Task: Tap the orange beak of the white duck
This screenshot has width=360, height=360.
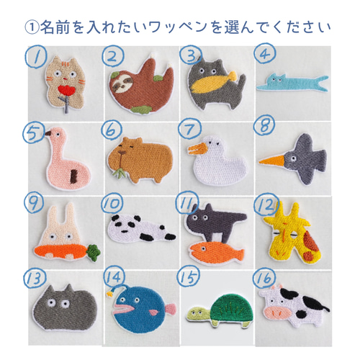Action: [197, 150]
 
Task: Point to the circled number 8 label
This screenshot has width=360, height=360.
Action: [264, 127]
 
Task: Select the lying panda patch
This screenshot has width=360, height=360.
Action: [140, 230]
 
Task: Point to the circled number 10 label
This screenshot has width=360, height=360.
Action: [112, 206]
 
